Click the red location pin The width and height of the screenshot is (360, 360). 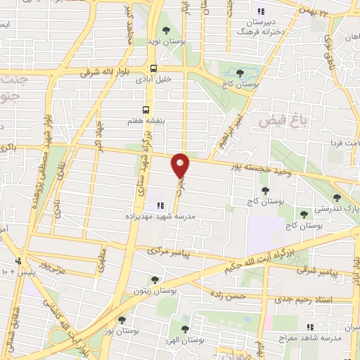(181, 165)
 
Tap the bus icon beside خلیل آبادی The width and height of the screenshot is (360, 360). (153, 68)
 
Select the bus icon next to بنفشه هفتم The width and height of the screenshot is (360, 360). (146, 109)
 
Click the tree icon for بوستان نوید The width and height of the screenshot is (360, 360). (165, 30)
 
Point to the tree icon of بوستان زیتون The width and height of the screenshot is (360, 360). (155, 279)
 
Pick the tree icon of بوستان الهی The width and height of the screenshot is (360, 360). (185, 328)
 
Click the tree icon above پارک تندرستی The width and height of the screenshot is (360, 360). (337, 198)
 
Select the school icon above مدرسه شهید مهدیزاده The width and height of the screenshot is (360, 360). (160, 205)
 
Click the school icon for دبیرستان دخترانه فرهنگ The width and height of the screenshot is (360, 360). (262, 11)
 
